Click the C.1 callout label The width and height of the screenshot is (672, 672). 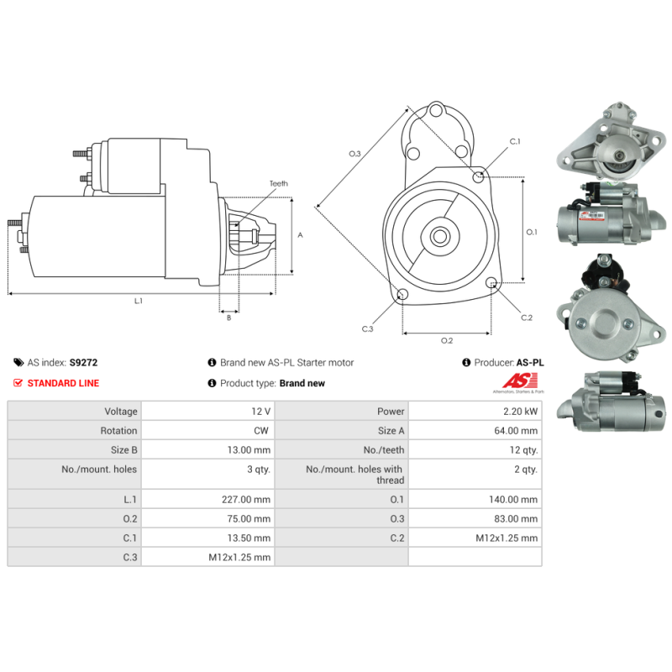pos(515,141)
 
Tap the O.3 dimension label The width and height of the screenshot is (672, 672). pos(354,154)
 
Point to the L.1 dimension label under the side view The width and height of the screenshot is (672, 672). pos(139,301)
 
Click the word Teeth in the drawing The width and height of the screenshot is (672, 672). pos(278,183)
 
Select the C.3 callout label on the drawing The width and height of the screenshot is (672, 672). pos(367,328)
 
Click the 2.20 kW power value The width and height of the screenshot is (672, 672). pos(521,412)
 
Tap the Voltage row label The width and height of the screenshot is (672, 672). pos(121,412)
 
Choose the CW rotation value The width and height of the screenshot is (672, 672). pos(262,431)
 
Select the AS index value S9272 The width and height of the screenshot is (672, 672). pos(83,363)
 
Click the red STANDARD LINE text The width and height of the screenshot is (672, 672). pos(63,383)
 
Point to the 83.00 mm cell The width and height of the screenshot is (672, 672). pos(519,519)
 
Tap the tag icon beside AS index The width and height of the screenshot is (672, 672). pos(18,363)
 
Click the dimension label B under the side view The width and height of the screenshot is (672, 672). pos(228,318)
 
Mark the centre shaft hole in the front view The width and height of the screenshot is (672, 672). pos(439,236)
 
